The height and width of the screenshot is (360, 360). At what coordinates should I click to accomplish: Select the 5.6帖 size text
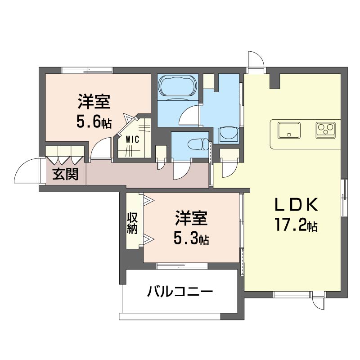point(94,122)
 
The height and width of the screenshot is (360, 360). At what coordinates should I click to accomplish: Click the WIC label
point(132,139)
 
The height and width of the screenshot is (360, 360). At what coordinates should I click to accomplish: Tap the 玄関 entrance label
point(65,174)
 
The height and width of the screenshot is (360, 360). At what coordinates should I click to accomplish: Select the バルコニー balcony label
point(180,292)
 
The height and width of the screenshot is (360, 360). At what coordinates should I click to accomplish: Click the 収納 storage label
point(132,223)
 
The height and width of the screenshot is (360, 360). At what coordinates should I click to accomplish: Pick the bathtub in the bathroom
point(177,85)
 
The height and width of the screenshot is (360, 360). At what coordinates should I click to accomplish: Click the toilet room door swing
point(182,170)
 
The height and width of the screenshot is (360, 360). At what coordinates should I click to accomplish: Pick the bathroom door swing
point(189,115)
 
